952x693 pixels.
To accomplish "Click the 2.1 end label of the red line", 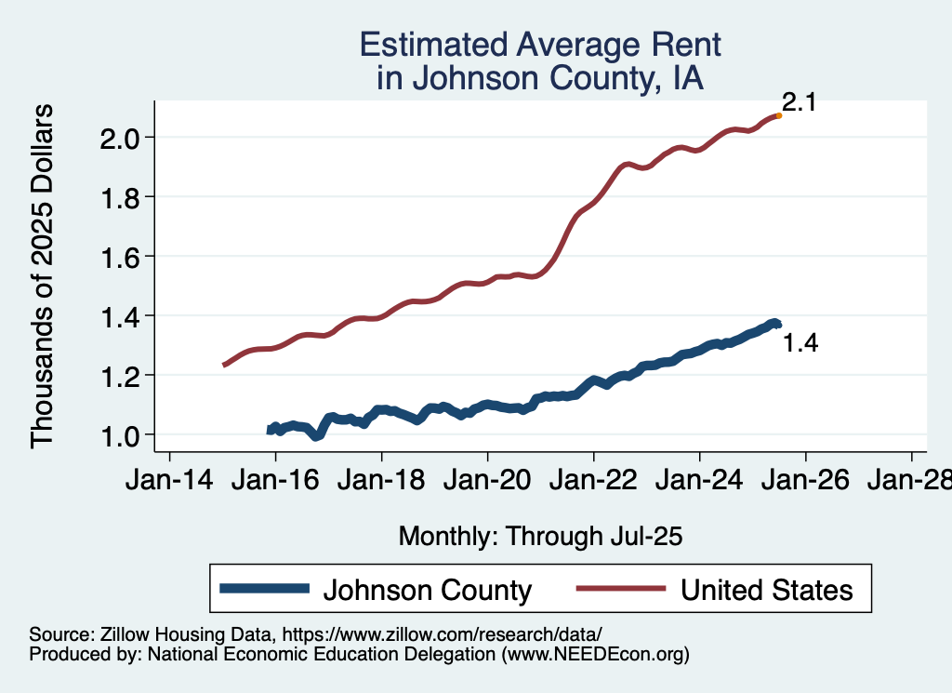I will pos(799,102).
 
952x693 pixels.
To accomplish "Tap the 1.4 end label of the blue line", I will pos(800,344).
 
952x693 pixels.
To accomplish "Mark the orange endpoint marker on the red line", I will pos(778,115).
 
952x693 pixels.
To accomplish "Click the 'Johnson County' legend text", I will pos(427,590).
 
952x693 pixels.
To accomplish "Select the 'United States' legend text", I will pos(766,590).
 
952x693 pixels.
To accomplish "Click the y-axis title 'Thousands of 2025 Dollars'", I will pos(44,276).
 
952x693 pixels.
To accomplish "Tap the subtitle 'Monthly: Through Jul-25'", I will pos(540,537).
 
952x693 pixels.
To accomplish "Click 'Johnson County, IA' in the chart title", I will pos(540,79).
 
